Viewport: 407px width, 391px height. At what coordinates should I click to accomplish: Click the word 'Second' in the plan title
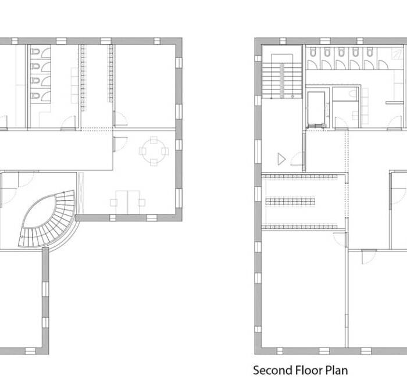[271, 370]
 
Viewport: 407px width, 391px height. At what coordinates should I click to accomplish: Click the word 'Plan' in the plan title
[337, 370]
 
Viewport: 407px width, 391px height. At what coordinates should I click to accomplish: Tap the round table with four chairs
[153, 151]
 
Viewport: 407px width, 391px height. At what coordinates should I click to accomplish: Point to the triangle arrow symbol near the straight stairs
[281, 157]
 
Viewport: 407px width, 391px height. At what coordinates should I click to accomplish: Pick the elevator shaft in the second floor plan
[317, 109]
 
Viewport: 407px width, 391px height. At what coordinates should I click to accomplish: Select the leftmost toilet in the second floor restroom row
[313, 53]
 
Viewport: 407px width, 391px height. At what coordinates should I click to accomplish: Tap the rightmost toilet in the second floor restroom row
[369, 53]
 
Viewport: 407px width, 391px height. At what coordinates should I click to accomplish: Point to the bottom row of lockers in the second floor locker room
[302, 225]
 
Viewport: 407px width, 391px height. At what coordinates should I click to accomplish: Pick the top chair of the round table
[153, 139]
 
